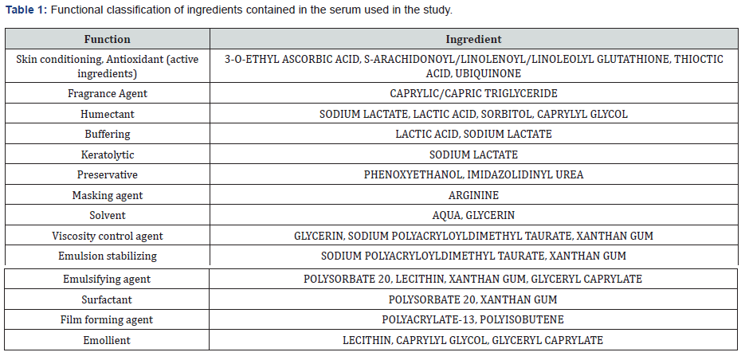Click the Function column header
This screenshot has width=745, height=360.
pyautogui.click(x=107, y=39)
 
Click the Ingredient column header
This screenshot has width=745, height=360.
pyautogui.click(x=473, y=39)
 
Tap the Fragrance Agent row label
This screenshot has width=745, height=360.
pyautogui.click(x=107, y=93)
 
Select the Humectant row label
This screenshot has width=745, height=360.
pyautogui.click(x=107, y=114)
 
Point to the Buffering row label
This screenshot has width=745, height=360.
pyautogui.click(x=107, y=135)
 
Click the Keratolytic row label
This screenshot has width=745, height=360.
pyautogui.click(x=107, y=155)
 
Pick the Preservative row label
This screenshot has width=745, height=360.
pyautogui.click(x=107, y=174)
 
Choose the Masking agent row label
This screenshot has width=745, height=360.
pyautogui.click(x=107, y=195)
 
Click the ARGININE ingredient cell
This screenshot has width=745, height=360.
pyautogui.click(x=473, y=195)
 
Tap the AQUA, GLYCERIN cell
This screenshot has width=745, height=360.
pyautogui.click(x=473, y=215)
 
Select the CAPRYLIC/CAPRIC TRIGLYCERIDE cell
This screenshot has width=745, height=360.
pyautogui.click(x=473, y=93)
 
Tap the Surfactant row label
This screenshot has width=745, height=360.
pyautogui.click(x=107, y=300)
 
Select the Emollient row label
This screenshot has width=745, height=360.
pyautogui.click(x=107, y=341)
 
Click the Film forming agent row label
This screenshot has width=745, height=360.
pyautogui.click(x=107, y=320)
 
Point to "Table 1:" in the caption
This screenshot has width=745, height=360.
pyautogui.click(x=26, y=10)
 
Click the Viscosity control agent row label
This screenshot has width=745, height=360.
pyautogui.click(x=107, y=236)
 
